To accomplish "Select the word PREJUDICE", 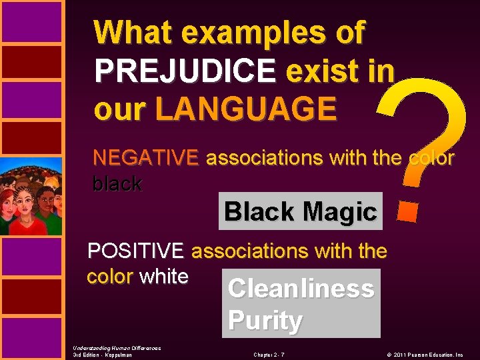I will tap(185, 71).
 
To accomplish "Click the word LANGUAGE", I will tap(245, 109).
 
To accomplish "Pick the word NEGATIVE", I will tap(145, 158).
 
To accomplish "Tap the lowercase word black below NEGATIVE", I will tap(117, 184).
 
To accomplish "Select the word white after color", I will tap(164, 276).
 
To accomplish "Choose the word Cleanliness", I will tap(301, 289).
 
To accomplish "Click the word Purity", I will tap(265, 321).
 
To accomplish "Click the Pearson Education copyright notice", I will tap(429, 355).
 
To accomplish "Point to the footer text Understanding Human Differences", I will tap(117, 348).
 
